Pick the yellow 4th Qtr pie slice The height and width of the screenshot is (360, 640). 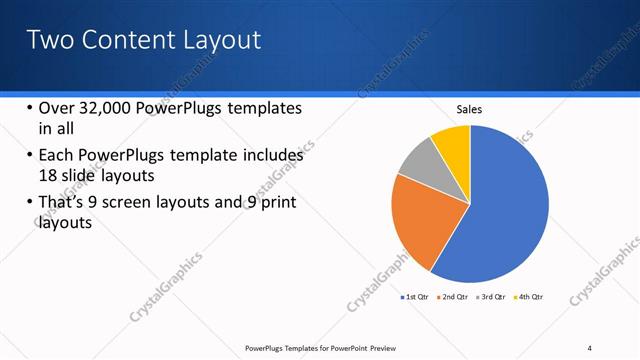453,143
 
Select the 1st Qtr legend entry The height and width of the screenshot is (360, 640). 415,297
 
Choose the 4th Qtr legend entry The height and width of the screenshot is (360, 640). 529,297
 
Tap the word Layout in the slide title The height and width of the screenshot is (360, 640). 219,40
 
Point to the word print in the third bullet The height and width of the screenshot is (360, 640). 278,203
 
